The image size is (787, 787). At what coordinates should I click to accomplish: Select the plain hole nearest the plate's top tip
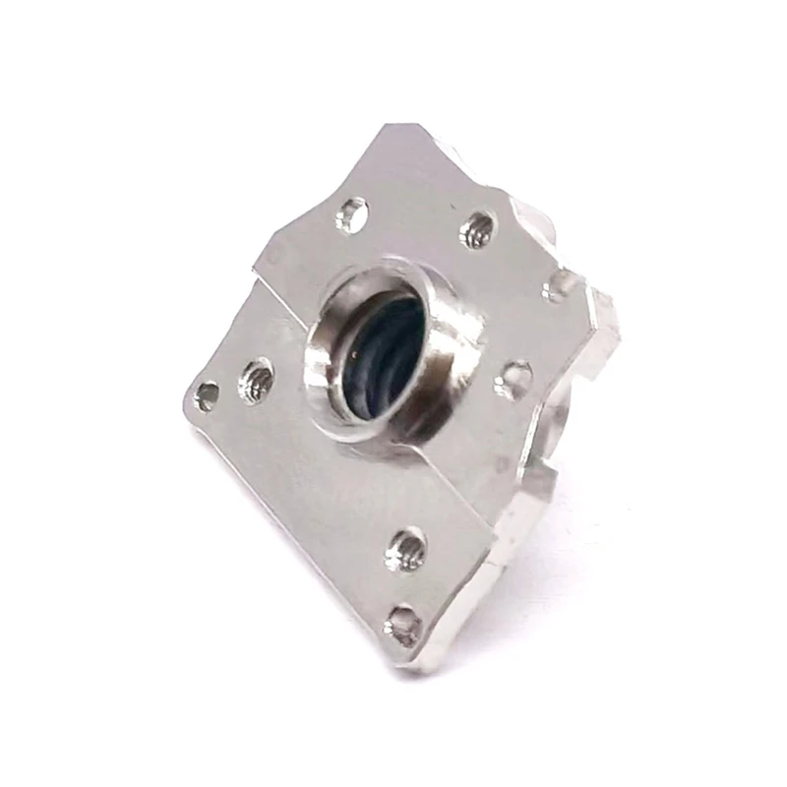(x=351, y=213)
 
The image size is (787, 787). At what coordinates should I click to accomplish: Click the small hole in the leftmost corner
(x=207, y=395)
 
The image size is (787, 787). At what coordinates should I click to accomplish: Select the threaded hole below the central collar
(x=405, y=549)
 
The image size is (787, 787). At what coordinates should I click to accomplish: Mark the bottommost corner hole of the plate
(x=403, y=622)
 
